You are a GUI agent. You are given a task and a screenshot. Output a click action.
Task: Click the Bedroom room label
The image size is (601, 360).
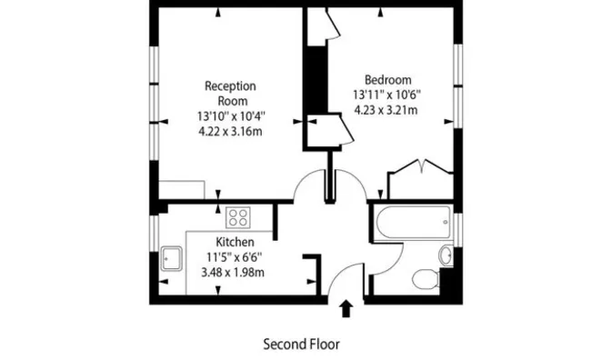click(387, 80)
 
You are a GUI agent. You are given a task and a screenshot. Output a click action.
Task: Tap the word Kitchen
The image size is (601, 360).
click(235, 242)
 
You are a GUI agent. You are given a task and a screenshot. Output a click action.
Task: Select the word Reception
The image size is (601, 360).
click(230, 85)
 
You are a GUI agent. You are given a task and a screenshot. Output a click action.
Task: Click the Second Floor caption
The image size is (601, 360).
click(301, 344)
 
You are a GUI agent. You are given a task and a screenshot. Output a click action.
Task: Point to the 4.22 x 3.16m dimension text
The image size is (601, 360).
click(230, 132)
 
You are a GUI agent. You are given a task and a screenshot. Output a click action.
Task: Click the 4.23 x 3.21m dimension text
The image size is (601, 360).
click(386, 110)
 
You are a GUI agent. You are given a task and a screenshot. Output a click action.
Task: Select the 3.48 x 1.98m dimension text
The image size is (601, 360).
click(233, 272)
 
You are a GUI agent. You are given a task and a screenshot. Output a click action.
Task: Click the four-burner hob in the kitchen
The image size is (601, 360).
click(238, 217)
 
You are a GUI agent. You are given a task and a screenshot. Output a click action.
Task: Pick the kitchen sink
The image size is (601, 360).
click(171, 258)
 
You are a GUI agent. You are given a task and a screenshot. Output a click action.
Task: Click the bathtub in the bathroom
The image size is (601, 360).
click(413, 223)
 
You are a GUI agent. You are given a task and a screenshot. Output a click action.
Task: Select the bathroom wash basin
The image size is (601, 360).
click(446, 255)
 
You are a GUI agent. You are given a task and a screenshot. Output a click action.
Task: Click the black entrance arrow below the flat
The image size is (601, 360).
click(346, 308)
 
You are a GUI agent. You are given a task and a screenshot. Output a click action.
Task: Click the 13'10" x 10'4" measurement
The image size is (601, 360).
click(231, 115)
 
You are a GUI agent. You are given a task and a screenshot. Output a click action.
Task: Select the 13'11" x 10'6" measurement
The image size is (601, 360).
click(386, 95)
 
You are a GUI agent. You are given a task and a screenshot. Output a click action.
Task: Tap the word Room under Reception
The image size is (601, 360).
click(233, 101)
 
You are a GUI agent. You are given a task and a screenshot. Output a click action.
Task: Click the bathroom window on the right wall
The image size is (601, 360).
click(458, 230)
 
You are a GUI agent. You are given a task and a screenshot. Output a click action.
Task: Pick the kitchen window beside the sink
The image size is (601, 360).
click(154, 234)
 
